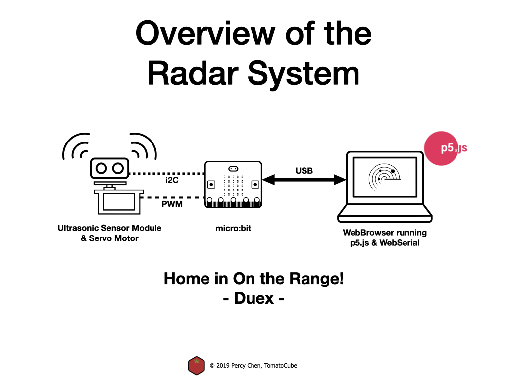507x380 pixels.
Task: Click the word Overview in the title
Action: (205, 33)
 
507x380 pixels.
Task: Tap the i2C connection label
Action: (172, 180)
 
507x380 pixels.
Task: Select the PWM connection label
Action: (172, 204)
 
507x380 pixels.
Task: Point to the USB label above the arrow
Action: (304, 171)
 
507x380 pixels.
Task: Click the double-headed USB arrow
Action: (304, 180)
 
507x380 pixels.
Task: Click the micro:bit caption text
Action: (233, 228)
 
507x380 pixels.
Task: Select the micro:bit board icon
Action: (233, 184)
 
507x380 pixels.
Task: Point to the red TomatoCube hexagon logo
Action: (197, 366)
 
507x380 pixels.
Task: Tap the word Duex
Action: (254, 298)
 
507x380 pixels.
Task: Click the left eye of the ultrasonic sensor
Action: (101, 168)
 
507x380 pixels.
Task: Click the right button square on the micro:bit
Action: (255, 185)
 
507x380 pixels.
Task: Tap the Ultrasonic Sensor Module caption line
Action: (109, 228)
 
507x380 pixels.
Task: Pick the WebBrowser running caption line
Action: (385, 233)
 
